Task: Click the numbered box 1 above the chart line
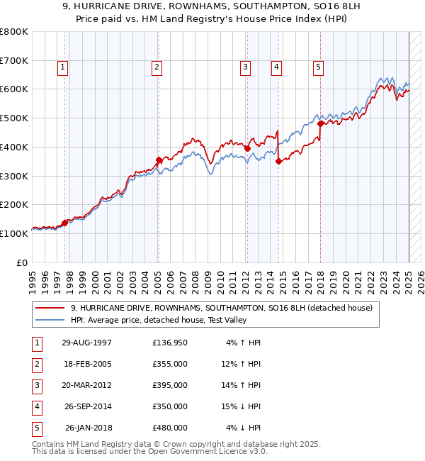[63, 67]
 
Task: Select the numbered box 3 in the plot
[245, 67]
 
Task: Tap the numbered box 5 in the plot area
[319, 67]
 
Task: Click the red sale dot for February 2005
[159, 160]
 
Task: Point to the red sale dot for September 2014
[278, 162]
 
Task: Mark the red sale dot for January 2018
[320, 123]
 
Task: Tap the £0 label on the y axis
[21, 262]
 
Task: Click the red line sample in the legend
[50, 308]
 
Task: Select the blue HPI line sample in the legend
[50, 320]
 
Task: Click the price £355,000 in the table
[170, 365]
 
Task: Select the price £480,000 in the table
[170, 428]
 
